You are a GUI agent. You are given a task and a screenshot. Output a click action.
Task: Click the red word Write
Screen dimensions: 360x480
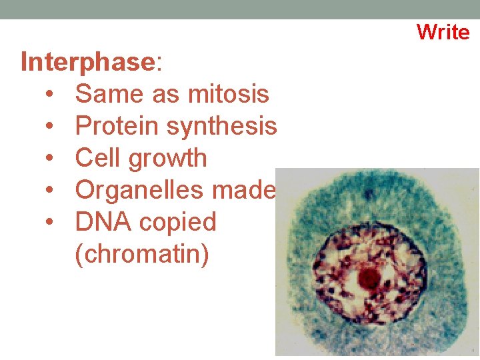point(443,31)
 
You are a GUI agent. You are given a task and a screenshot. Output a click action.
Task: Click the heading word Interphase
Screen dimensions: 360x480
point(87,63)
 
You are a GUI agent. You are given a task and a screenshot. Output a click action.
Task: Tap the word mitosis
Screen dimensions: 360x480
point(229,94)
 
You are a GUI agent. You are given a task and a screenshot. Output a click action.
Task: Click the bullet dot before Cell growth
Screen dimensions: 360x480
point(51,159)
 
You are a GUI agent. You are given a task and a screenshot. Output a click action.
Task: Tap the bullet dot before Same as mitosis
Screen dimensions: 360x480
point(51,95)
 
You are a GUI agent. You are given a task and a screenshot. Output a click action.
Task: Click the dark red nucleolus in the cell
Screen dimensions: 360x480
point(367,278)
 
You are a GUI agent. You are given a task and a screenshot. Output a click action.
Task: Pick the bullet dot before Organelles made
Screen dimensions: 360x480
point(51,191)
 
